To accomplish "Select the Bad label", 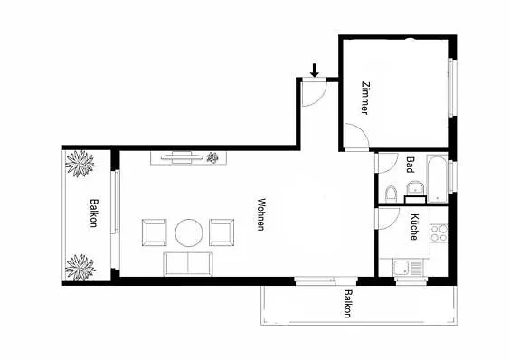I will coord(410,164).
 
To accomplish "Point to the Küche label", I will coord(413,225).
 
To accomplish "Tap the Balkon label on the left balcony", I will coord(92,213).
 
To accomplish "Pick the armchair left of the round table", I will coord(155,232).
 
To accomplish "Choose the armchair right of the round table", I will coord(222,232).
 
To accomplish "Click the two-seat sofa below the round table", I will coord(188,265).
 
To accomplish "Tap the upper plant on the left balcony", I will coord(81,166).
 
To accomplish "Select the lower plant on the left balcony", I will coord(80,266).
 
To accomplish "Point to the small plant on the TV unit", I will coord(213,158).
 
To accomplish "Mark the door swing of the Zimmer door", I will coord(354,138).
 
